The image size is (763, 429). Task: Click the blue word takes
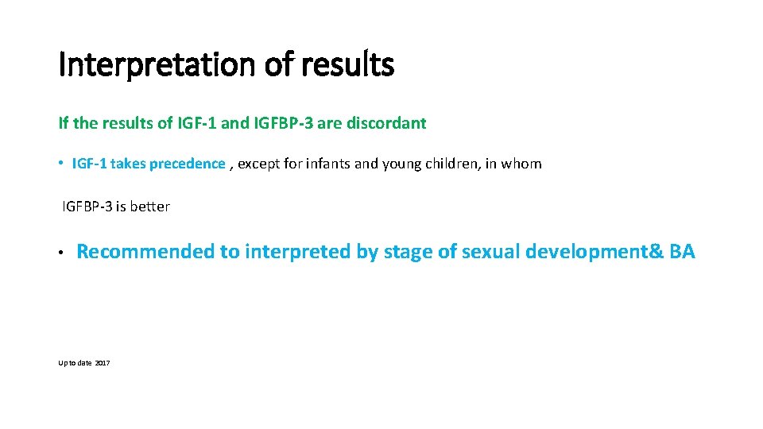pos(129,164)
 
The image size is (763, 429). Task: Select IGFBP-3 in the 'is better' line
pos(86,207)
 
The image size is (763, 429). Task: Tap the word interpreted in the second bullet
pos(298,253)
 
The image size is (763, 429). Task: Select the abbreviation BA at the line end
pos(682,253)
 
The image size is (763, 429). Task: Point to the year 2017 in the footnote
pos(103,363)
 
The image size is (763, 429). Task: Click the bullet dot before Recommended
pos(61,253)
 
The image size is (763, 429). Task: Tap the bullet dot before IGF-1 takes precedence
pos(61,164)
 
